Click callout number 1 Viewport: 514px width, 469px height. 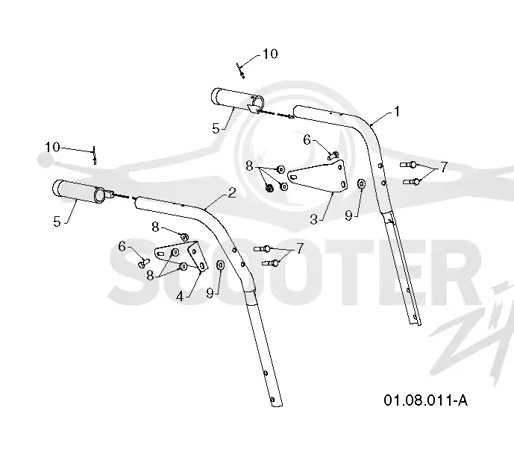pyautogui.click(x=397, y=112)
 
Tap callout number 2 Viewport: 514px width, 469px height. pyautogui.click(x=232, y=192)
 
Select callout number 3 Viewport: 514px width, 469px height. pyautogui.click(x=314, y=219)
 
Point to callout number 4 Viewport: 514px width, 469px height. pyautogui.click(x=180, y=297)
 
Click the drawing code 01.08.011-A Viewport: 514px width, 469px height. pyautogui.click(x=425, y=400)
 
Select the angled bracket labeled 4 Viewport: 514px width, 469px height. pyautogui.click(x=182, y=256)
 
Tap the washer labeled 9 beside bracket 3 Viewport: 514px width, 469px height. pyautogui.click(x=361, y=183)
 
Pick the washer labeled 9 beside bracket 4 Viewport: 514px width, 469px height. pyautogui.click(x=220, y=265)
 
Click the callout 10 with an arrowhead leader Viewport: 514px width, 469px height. pyautogui.click(x=270, y=54)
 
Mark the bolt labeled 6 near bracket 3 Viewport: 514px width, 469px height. pyautogui.click(x=333, y=155)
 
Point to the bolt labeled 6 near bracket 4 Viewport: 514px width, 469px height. pyautogui.click(x=143, y=263)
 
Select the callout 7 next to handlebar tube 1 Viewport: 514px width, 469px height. pyautogui.click(x=444, y=167)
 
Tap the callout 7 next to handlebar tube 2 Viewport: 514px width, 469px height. pyautogui.click(x=300, y=248)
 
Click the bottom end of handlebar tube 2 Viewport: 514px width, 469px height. pyautogui.click(x=277, y=405)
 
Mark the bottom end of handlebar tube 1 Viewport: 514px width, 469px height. pyautogui.click(x=416, y=324)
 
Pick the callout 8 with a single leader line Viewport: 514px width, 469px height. pyautogui.click(x=155, y=227)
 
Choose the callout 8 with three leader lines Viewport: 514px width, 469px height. pyautogui.click(x=249, y=166)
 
